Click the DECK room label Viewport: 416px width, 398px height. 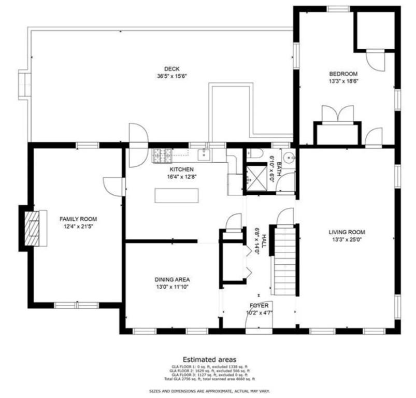[171, 69]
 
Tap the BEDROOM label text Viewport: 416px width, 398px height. [343, 74]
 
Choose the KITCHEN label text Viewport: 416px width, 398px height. [181, 169]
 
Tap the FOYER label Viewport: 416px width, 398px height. [259, 306]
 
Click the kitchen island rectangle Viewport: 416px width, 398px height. [177, 195]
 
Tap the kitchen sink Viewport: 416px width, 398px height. [205, 154]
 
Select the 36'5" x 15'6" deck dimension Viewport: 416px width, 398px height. [171, 76]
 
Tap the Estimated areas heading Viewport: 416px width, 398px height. [209, 359]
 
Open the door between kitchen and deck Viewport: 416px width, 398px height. [137, 145]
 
